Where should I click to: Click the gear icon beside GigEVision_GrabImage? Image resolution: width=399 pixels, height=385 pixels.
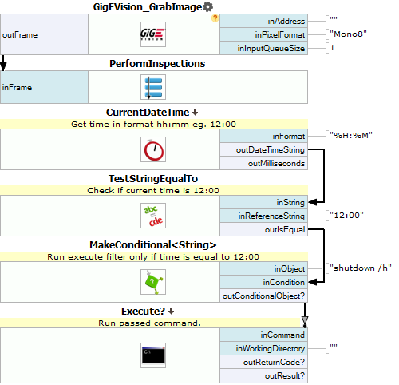(x=207, y=6)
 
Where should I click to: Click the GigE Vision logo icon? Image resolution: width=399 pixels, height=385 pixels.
(x=153, y=34)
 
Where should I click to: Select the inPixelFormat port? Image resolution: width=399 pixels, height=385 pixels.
(x=264, y=34)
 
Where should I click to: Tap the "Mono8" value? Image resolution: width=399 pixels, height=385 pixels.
(x=348, y=34)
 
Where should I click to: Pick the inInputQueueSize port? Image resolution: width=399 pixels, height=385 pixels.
(x=264, y=48)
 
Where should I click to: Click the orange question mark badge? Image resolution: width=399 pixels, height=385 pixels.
(x=215, y=18)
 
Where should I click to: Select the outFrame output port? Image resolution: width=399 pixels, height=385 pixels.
(x=44, y=34)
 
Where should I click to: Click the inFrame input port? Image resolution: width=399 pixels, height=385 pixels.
(x=44, y=87)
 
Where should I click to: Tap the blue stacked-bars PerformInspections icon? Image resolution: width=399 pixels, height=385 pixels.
(x=153, y=87)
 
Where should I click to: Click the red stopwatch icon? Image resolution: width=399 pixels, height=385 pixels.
(x=153, y=149)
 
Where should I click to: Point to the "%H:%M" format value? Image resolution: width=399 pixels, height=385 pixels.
(x=351, y=135)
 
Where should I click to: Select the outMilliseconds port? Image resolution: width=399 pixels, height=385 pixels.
(x=264, y=163)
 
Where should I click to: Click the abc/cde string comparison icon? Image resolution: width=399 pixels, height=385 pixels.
(x=153, y=216)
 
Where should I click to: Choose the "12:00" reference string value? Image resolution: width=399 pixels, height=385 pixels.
(x=346, y=215)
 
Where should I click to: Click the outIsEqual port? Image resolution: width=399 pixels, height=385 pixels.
(x=264, y=229)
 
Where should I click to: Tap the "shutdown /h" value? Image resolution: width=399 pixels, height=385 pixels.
(x=361, y=268)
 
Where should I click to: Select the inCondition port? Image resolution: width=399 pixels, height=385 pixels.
(x=264, y=282)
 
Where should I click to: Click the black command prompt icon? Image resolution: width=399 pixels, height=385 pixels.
(x=153, y=355)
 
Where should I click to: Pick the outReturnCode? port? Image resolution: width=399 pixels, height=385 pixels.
(x=264, y=362)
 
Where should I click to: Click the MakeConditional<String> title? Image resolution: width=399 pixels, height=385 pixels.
(x=153, y=245)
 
